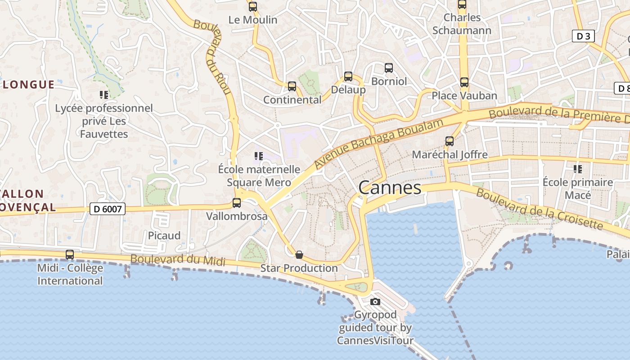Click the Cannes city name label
click(x=390, y=188)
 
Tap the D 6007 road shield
click(x=107, y=209)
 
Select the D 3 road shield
click(x=583, y=36)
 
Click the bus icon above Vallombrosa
click(x=237, y=203)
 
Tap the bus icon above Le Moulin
click(x=253, y=7)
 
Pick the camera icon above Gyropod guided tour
click(x=375, y=301)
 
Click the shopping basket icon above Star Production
click(x=299, y=255)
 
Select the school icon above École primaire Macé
click(x=577, y=169)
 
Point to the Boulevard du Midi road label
click(x=177, y=260)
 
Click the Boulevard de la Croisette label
click(x=539, y=209)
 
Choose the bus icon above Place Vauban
click(x=464, y=82)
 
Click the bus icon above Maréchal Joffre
click(x=450, y=141)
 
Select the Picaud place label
click(x=164, y=235)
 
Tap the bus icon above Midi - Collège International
click(x=70, y=255)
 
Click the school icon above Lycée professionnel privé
click(x=104, y=95)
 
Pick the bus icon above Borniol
click(x=389, y=68)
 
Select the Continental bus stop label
click(x=292, y=100)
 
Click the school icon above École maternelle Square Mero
click(x=259, y=156)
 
